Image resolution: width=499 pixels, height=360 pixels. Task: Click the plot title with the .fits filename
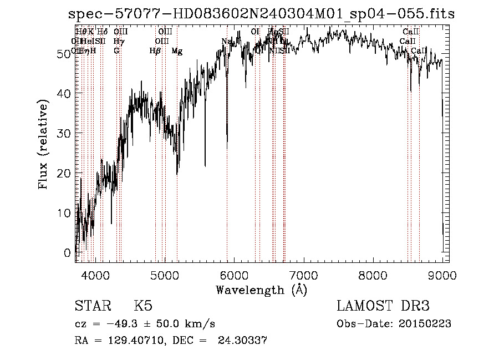pos(261,14)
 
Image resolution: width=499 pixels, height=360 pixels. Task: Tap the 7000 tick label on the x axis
pos(303,274)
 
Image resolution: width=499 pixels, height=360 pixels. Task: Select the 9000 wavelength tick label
pos(442,274)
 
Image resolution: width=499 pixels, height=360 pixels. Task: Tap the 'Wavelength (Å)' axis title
pos(261,290)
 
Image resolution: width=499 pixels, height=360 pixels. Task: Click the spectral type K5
pos(143,306)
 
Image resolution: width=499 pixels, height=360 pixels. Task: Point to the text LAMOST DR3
pos(383,306)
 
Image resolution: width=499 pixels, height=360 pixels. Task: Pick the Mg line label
pos(177,51)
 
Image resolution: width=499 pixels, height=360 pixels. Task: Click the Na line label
pos(226,42)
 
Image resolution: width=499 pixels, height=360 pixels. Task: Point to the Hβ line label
pos(155,51)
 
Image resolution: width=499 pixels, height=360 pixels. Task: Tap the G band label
pos(116,51)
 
